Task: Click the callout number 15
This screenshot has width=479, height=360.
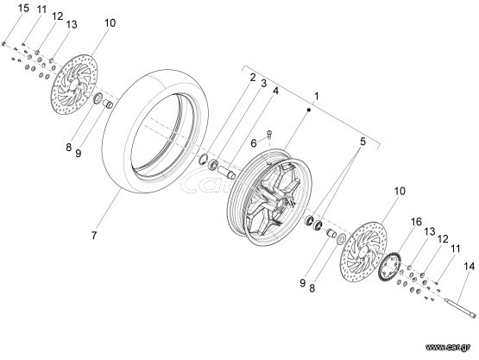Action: (23, 8)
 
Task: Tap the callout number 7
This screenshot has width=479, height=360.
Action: (94, 236)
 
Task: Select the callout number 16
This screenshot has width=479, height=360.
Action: (416, 222)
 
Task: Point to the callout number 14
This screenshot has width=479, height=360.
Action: (470, 267)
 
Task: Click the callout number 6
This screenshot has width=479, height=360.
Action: (254, 143)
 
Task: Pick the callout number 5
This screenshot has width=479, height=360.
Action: (362, 142)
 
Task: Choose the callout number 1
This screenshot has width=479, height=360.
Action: (317, 96)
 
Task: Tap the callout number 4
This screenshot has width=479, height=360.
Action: (276, 91)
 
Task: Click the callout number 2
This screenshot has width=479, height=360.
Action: (253, 78)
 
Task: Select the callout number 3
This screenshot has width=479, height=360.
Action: (263, 84)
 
